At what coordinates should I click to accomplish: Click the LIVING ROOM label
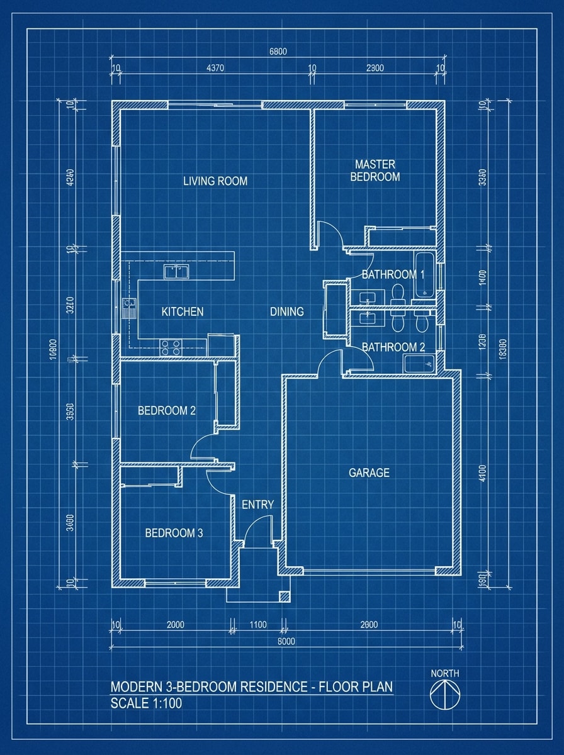coord(215,181)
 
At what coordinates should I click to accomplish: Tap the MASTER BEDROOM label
coord(375,171)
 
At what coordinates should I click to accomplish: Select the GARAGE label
coord(369,473)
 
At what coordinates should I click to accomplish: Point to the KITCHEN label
coord(183,311)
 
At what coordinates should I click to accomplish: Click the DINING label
coord(287,311)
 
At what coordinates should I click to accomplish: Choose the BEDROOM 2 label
coord(167,411)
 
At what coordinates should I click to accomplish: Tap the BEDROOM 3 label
coord(174,533)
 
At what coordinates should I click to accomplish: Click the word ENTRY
coord(258,505)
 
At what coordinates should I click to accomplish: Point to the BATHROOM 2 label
coord(389,347)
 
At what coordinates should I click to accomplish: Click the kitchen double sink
coord(177,272)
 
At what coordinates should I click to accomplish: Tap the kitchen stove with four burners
coord(171,345)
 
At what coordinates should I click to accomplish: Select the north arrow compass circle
coord(445,695)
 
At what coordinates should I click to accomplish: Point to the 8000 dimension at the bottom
coord(286,642)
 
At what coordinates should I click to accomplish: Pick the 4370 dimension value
coord(215,69)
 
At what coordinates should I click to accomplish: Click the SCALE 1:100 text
coord(146,703)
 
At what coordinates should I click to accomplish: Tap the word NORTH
coord(445,673)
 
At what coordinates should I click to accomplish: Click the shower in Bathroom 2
coord(419,363)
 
